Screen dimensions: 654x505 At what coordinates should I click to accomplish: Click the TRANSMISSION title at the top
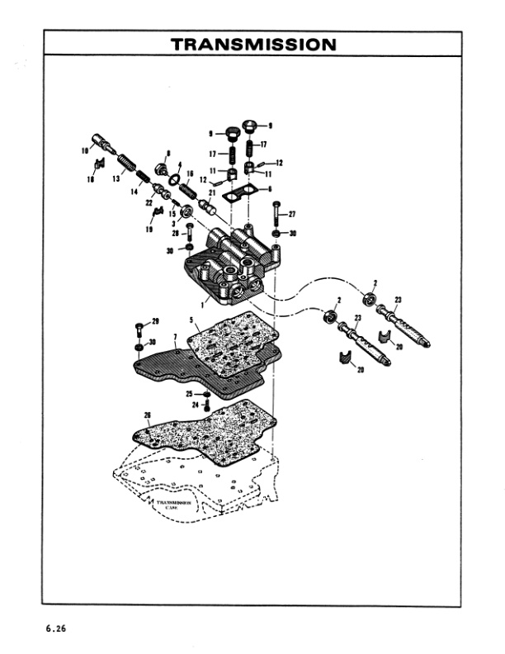252,44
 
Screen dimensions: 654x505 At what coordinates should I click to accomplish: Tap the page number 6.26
55,629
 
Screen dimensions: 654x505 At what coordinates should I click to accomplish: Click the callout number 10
84,150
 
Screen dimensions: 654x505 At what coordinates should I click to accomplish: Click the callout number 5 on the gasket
191,320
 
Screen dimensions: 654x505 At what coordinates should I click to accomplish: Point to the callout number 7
175,337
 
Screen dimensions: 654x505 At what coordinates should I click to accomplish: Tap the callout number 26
147,415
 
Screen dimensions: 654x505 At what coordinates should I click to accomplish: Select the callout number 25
189,394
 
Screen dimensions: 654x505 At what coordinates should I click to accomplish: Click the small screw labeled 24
205,405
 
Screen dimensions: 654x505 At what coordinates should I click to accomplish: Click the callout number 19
150,231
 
